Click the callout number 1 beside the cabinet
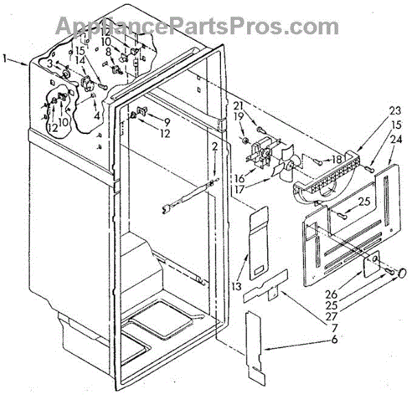(6, 60)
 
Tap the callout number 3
(50, 63)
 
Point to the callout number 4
(97, 115)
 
